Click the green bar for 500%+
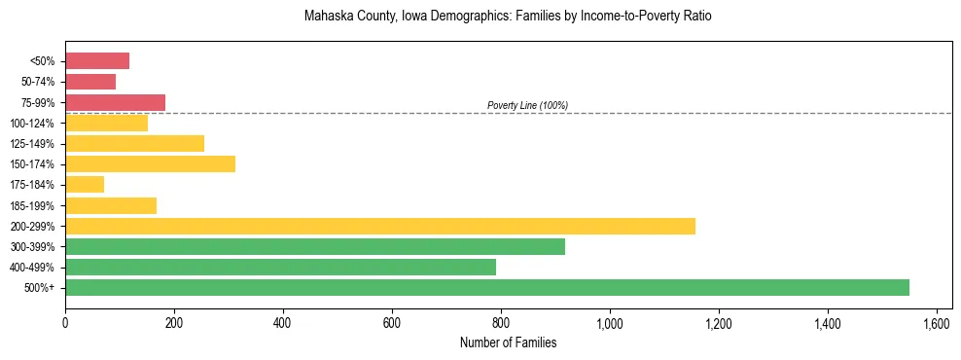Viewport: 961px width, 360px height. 486,287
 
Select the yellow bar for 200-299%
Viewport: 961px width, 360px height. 379,226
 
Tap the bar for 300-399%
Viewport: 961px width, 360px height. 314,246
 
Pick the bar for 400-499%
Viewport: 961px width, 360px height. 280,267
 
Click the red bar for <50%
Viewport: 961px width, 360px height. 97,61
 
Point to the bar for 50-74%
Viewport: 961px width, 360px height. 90,82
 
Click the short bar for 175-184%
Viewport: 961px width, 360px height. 85,184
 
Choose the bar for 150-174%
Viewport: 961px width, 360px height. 150,163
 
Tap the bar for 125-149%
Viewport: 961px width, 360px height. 134,143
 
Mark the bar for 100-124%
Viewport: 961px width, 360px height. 106,123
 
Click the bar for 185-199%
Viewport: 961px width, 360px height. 111,205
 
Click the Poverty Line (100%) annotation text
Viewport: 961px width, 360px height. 527,105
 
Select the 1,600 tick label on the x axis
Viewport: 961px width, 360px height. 937,323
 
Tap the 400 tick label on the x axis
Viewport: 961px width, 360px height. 283,323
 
